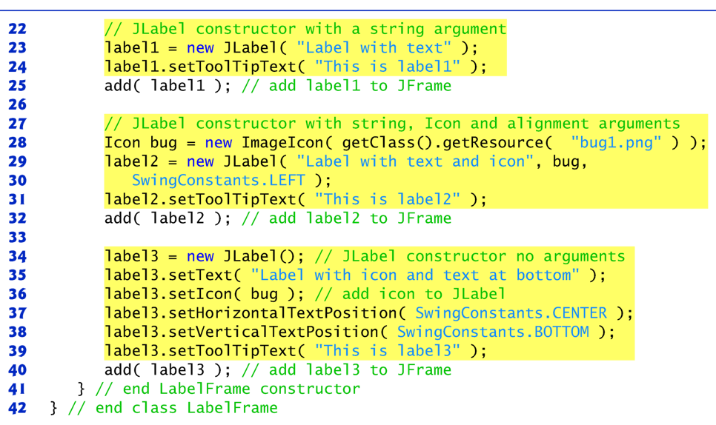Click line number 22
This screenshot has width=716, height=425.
pos(17,29)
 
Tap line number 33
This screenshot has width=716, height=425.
pos(17,237)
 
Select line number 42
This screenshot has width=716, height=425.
pos(17,408)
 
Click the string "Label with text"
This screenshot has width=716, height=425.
pos(374,48)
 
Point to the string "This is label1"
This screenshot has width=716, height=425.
pos(387,67)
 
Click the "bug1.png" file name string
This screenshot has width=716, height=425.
pos(616,142)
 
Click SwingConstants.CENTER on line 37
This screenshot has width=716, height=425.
pos(511,313)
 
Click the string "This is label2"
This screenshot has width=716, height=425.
pos(387,199)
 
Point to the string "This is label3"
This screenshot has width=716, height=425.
pos(387,351)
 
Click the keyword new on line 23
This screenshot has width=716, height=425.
pos(200,48)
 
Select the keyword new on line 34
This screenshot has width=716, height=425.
pos(200,256)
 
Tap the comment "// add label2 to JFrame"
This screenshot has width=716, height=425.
pos(346,218)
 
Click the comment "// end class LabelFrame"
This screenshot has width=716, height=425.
pos(173,408)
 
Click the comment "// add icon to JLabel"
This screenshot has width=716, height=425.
pos(400,294)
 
